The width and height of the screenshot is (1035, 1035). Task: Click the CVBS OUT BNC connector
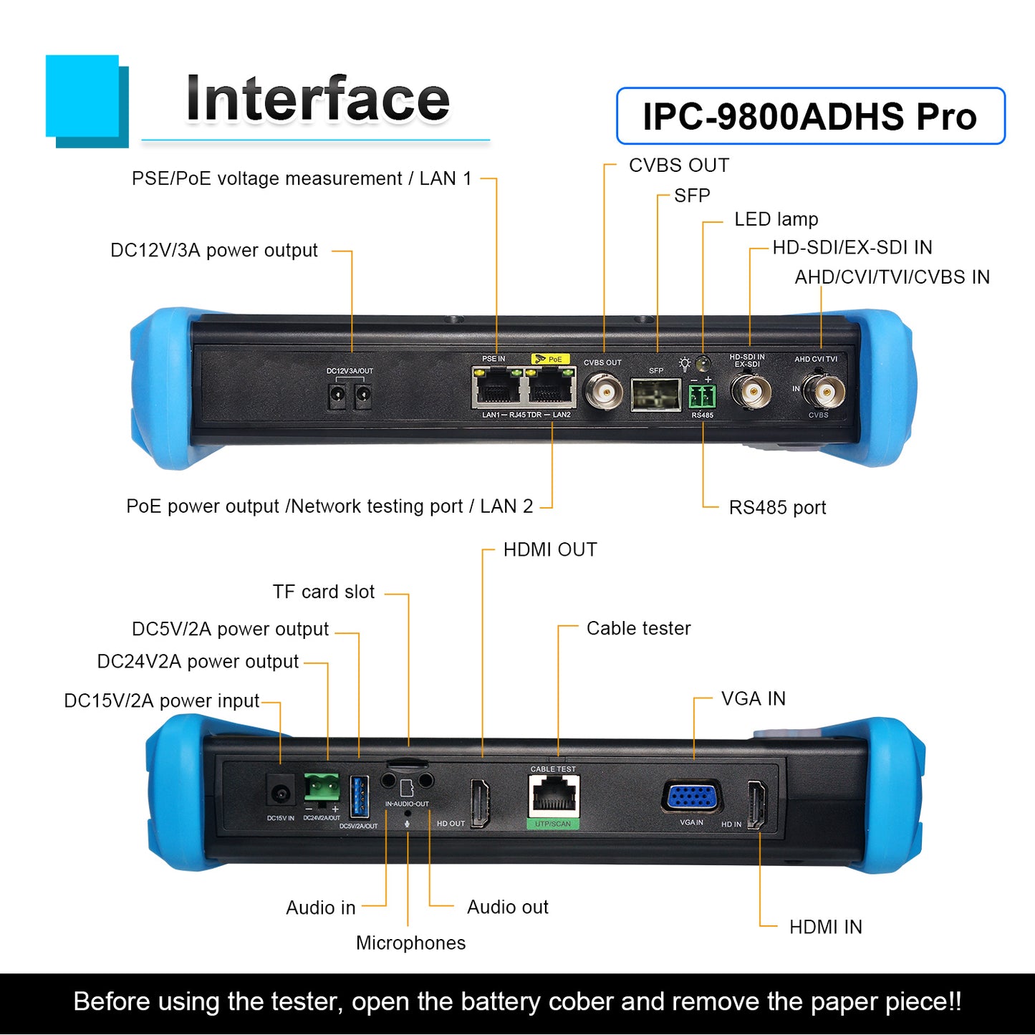click(x=605, y=393)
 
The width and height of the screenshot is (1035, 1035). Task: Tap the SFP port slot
click(x=656, y=395)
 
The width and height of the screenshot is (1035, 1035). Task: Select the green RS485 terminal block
click(x=703, y=397)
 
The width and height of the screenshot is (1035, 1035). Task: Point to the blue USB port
click(x=360, y=797)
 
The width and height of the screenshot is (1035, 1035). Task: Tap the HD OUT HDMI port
click(x=480, y=804)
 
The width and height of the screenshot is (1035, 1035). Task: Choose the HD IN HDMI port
click(x=757, y=805)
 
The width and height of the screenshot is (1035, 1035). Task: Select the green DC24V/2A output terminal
click(x=322, y=788)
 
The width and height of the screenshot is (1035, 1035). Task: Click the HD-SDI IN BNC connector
click(x=751, y=392)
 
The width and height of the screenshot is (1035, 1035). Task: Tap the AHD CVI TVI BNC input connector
click(x=824, y=390)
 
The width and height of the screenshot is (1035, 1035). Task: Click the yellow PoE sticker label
click(x=550, y=359)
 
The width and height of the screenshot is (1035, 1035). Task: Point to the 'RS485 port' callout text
click(x=777, y=508)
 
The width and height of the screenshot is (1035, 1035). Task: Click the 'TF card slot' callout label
click(x=323, y=592)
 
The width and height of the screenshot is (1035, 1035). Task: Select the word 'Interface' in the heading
click(x=317, y=99)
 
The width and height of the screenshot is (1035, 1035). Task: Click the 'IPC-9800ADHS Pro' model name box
click(x=811, y=116)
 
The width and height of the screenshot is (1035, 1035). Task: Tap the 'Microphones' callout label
click(x=411, y=943)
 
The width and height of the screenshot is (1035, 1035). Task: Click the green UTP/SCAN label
click(x=553, y=824)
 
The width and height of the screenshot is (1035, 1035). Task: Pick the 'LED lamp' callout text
click(x=776, y=219)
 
